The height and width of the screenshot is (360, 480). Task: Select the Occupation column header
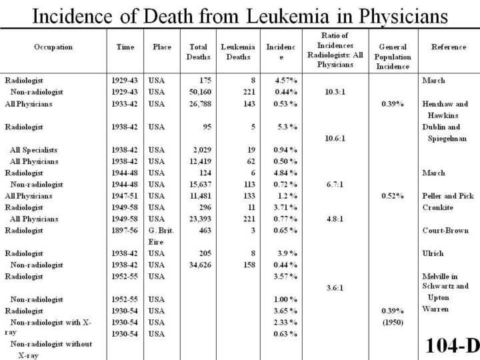click(53, 47)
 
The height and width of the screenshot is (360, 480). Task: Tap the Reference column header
click(449, 47)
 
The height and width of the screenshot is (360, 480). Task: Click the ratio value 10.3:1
click(335, 92)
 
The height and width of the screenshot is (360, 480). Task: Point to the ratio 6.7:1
click(335, 184)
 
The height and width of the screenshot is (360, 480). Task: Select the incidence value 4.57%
click(285, 80)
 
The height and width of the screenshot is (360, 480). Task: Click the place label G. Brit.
click(161, 230)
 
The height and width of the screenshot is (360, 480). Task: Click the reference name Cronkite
click(437, 207)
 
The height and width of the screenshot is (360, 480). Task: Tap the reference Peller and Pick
click(447, 196)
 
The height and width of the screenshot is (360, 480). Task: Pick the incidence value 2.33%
click(285, 322)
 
